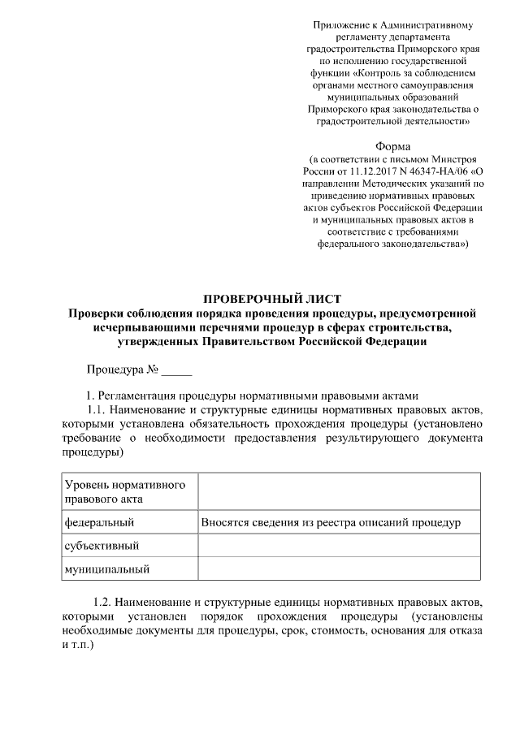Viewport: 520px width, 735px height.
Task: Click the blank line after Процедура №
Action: (x=176, y=373)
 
